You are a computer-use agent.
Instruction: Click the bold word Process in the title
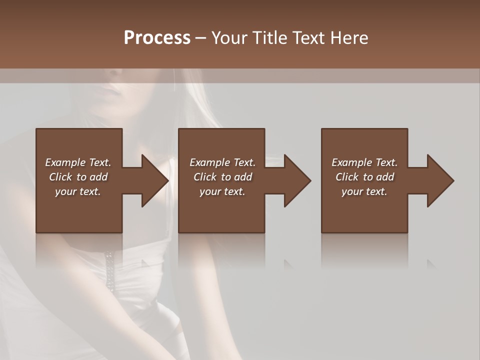157,38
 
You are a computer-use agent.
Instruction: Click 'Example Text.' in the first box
78,162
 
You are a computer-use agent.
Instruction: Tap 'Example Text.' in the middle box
222,162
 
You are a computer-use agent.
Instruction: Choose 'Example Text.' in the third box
364,162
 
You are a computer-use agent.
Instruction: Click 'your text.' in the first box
78,191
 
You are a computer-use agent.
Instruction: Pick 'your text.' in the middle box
222,191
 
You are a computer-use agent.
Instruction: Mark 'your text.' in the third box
364,191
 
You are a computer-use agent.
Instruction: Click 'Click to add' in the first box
78,177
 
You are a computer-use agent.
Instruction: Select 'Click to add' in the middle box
222,177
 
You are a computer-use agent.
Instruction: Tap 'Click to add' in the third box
364,177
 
